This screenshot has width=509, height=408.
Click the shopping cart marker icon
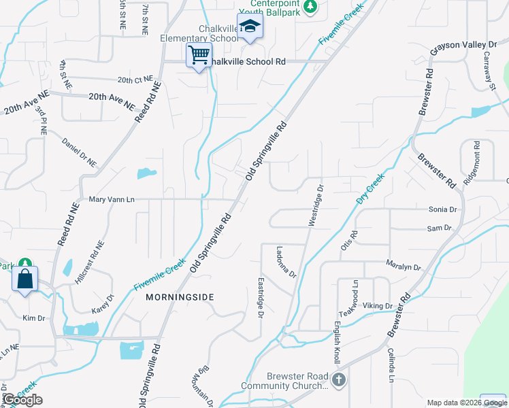pyautogui.click(x=199, y=55)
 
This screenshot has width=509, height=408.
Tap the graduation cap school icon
pyautogui.click(x=250, y=27)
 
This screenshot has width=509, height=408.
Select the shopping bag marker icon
pyautogui.click(x=24, y=279)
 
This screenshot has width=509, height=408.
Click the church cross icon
pyautogui.click(x=339, y=379)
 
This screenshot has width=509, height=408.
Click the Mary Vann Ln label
pyautogui.click(x=112, y=199)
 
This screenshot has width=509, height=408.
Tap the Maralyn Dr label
pyautogui.click(x=404, y=267)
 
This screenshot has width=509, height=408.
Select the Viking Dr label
pyautogui.click(x=378, y=306)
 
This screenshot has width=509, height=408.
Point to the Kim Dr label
pyautogui.click(x=33, y=318)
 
